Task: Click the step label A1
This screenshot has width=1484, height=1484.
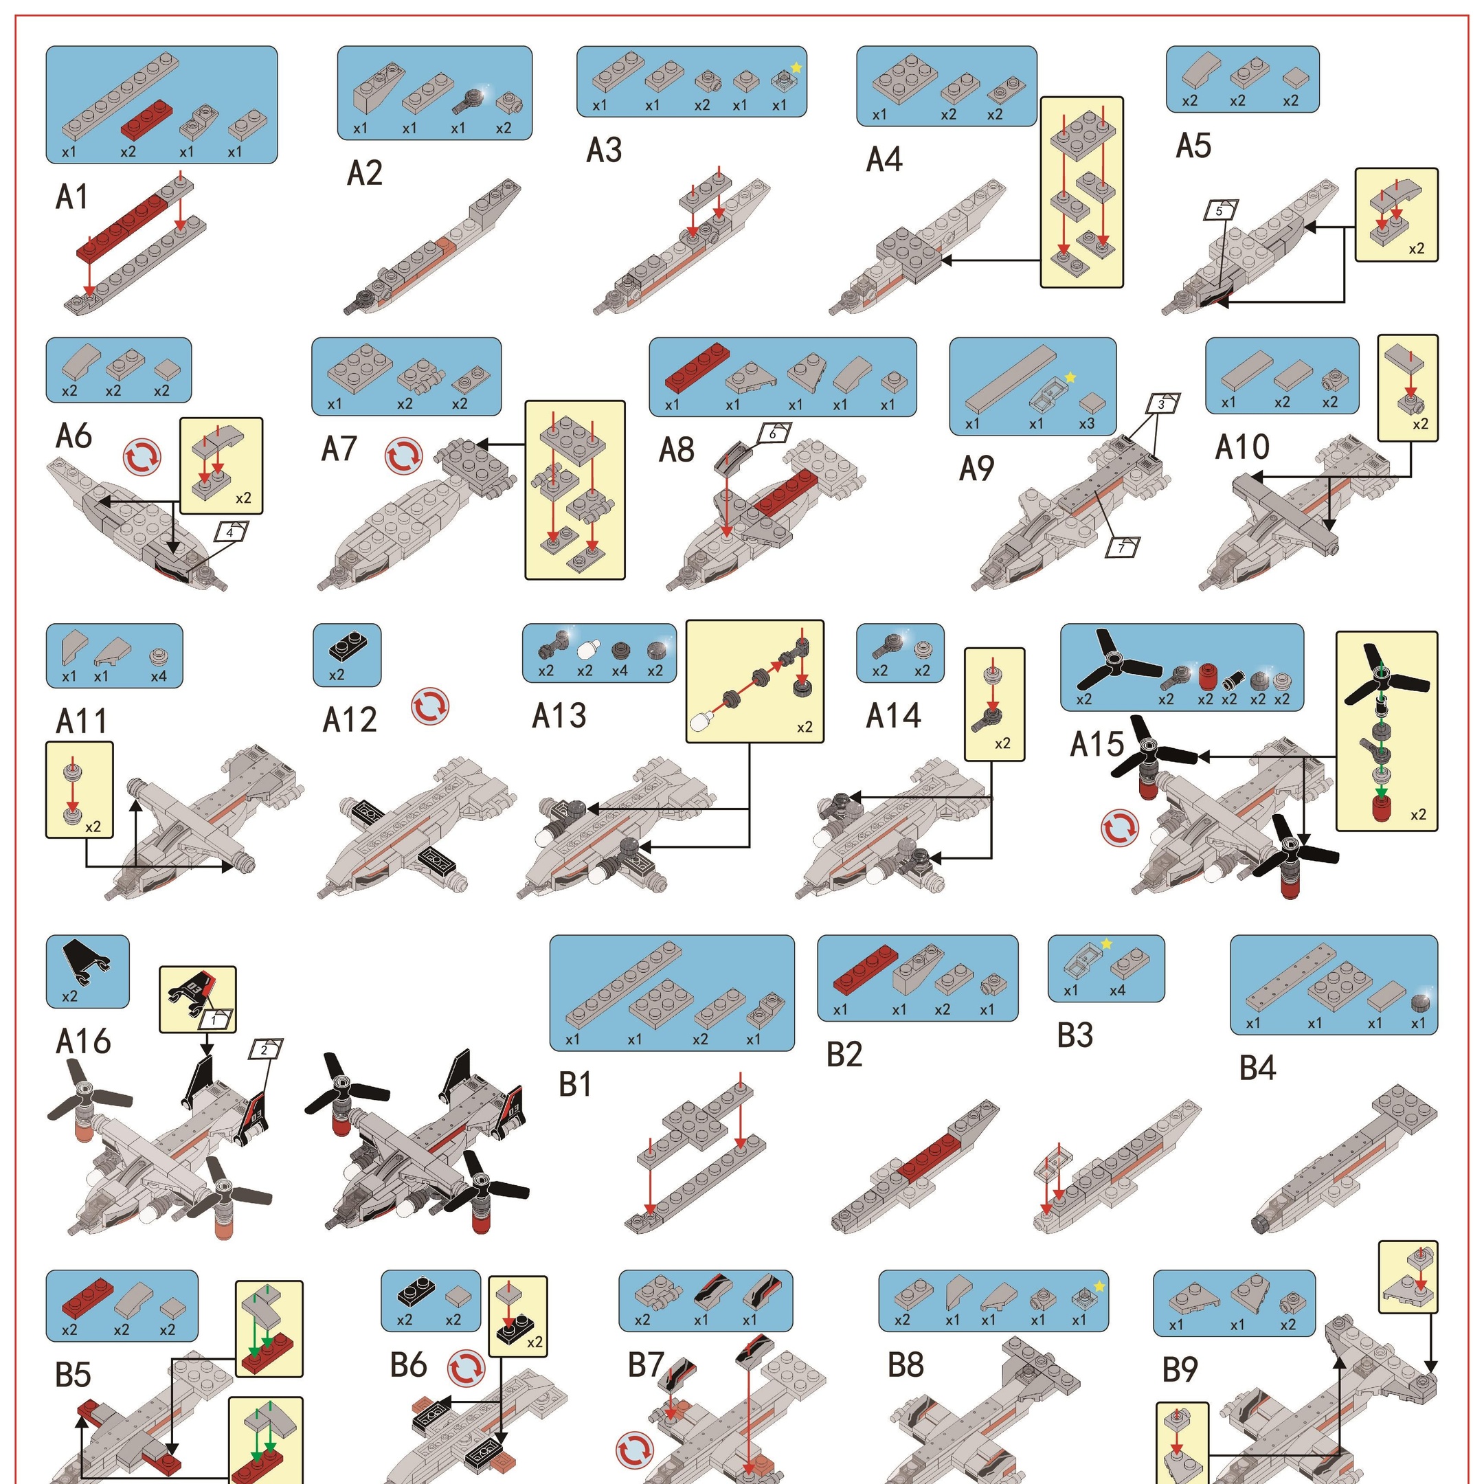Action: [71, 196]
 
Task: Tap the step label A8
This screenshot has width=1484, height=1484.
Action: [677, 450]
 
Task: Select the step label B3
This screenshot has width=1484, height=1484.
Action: [1075, 1035]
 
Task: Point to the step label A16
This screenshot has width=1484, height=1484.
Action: [83, 1042]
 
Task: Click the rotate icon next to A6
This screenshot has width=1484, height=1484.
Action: [143, 457]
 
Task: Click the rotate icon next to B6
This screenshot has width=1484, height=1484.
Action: [466, 1368]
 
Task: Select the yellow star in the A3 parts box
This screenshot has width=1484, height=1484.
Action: [796, 67]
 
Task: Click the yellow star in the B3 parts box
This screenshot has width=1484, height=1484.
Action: [1107, 944]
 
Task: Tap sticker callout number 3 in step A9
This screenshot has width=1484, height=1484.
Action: [1163, 404]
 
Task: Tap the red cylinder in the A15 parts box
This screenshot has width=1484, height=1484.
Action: [1208, 676]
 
